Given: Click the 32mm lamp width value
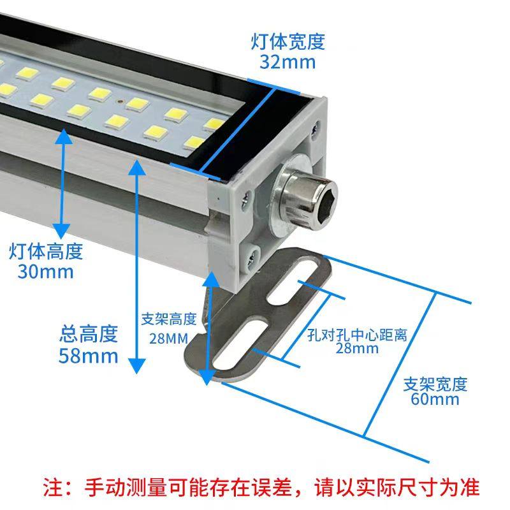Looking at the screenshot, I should [x=288, y=62].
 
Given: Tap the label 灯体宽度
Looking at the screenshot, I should [x=288, y=42].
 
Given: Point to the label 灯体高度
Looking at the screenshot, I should [x=46, y=251].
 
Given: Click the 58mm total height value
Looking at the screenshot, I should [x=89, y=355].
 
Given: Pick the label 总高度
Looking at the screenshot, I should [x=89, y=333].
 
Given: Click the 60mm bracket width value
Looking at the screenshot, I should [x=435, y=400].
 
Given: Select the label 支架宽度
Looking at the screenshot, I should [x=435, y=384].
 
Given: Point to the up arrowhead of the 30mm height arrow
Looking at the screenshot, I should [x=62, y=138].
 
